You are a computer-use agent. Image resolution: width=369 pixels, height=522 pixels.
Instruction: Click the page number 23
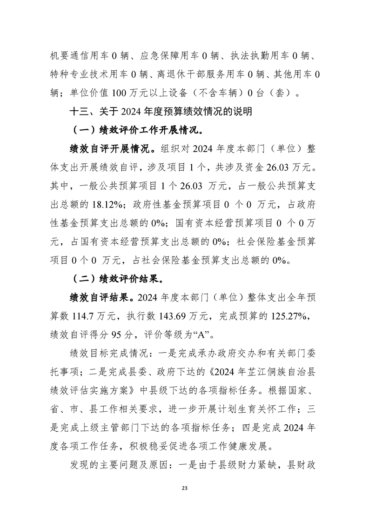click(184, 488)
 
